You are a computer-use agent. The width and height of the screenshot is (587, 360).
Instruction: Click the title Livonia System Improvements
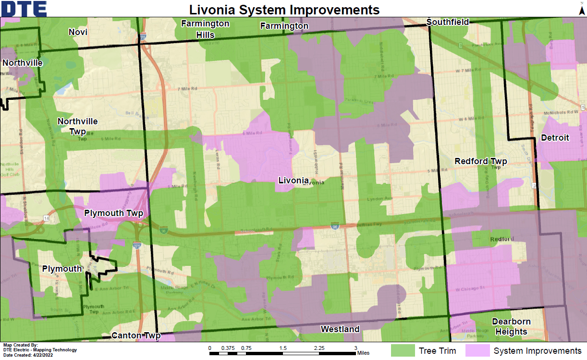(x=284, y=9)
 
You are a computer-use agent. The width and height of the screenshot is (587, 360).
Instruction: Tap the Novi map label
(x=78, y=32)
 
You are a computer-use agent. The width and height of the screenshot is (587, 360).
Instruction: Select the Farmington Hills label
(x=205, y=29)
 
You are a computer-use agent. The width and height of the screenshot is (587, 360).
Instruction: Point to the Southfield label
(x=447, y=22)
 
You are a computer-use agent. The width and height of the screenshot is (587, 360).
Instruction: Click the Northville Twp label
(x=78, y=126)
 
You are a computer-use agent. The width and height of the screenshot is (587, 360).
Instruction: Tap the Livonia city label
(x=293, y=180)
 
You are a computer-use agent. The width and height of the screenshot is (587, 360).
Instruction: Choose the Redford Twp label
(x=481, y=161)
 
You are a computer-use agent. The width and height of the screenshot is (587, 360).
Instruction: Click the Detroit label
(x=555, y=138)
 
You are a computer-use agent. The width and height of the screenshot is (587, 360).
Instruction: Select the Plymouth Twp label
(x=114, y=213)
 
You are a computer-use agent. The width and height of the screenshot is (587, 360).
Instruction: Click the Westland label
(x=340, y=329)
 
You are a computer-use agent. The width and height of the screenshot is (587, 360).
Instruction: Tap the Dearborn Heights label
(x=511, y=326)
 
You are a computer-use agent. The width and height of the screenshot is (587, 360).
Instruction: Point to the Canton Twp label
(x=135, y=336)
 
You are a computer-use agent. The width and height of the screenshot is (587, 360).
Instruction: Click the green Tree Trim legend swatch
(x=403, y=350)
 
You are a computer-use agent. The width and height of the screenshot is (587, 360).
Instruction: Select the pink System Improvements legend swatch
(x=477, y=350)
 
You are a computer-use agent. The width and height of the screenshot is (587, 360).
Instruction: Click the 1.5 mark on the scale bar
(x=283, y=348)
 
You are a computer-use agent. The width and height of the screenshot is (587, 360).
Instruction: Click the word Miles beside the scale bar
(x=363, y=353)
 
